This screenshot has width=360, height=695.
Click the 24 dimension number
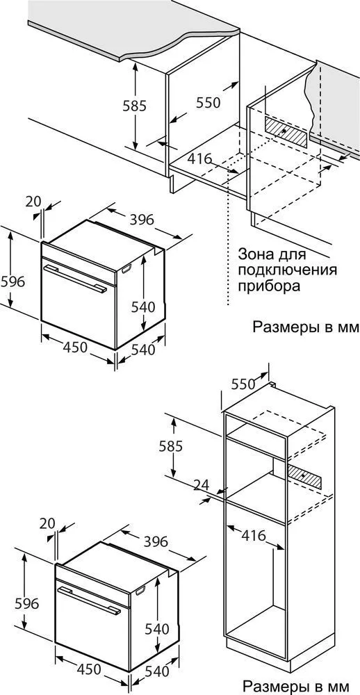[202, 484]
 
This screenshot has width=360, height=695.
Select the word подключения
[287, 270]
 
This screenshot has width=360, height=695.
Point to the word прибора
[269, 286]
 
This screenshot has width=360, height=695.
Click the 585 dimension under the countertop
[134, 106]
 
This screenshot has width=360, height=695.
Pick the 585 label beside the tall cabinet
[171, 446]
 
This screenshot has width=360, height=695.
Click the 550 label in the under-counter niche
[208, 103]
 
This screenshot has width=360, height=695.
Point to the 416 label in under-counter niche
[199, 158]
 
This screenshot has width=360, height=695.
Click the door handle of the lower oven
[89, 600]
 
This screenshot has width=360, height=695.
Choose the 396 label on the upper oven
[142, 220]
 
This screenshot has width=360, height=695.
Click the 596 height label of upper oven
[13, 281]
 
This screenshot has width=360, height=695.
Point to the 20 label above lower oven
[47, 523]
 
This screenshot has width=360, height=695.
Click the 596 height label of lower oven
[27, 603]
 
